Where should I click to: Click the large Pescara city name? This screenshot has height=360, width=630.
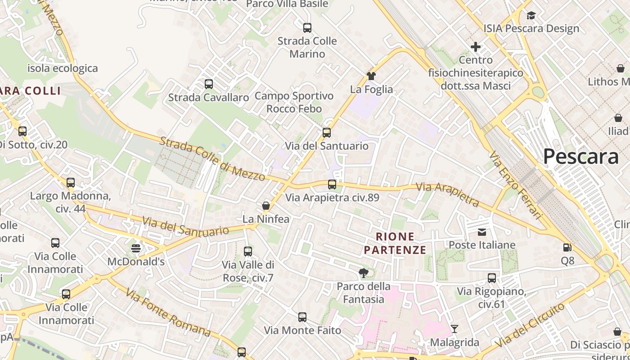[x=580, y=157]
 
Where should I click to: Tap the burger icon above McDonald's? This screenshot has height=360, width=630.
[x=136, y=248]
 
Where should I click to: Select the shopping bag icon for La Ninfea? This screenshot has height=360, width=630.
[x=266, y=206]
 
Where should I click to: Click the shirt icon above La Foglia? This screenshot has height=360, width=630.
[x=371, y=76]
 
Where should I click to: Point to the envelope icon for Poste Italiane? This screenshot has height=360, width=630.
[x=482, y=232]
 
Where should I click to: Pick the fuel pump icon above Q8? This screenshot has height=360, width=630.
[x=567, y=247]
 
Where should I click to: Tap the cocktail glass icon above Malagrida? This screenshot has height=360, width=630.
[x=454, y=329]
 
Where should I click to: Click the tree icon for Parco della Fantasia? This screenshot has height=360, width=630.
[x=364, y=273]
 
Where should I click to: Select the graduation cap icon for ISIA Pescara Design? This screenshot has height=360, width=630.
[x=531, y=16]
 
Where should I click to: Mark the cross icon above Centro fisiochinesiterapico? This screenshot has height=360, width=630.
[x=476, y=46]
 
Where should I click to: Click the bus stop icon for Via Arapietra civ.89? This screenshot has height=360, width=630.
[x=332, y=184]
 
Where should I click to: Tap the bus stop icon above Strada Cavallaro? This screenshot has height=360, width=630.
[x=208, y=84]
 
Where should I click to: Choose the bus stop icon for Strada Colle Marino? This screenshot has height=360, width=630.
[x=307, y=28]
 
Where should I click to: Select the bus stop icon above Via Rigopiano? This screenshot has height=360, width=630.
[x=492, y=278]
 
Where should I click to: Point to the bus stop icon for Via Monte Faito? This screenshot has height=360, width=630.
[x=302, y=317]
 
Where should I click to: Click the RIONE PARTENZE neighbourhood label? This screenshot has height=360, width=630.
[x=395, y=243]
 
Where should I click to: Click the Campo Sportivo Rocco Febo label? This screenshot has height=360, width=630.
[x=294, y=102]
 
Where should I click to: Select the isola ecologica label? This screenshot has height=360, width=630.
[x=63, y=68]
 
